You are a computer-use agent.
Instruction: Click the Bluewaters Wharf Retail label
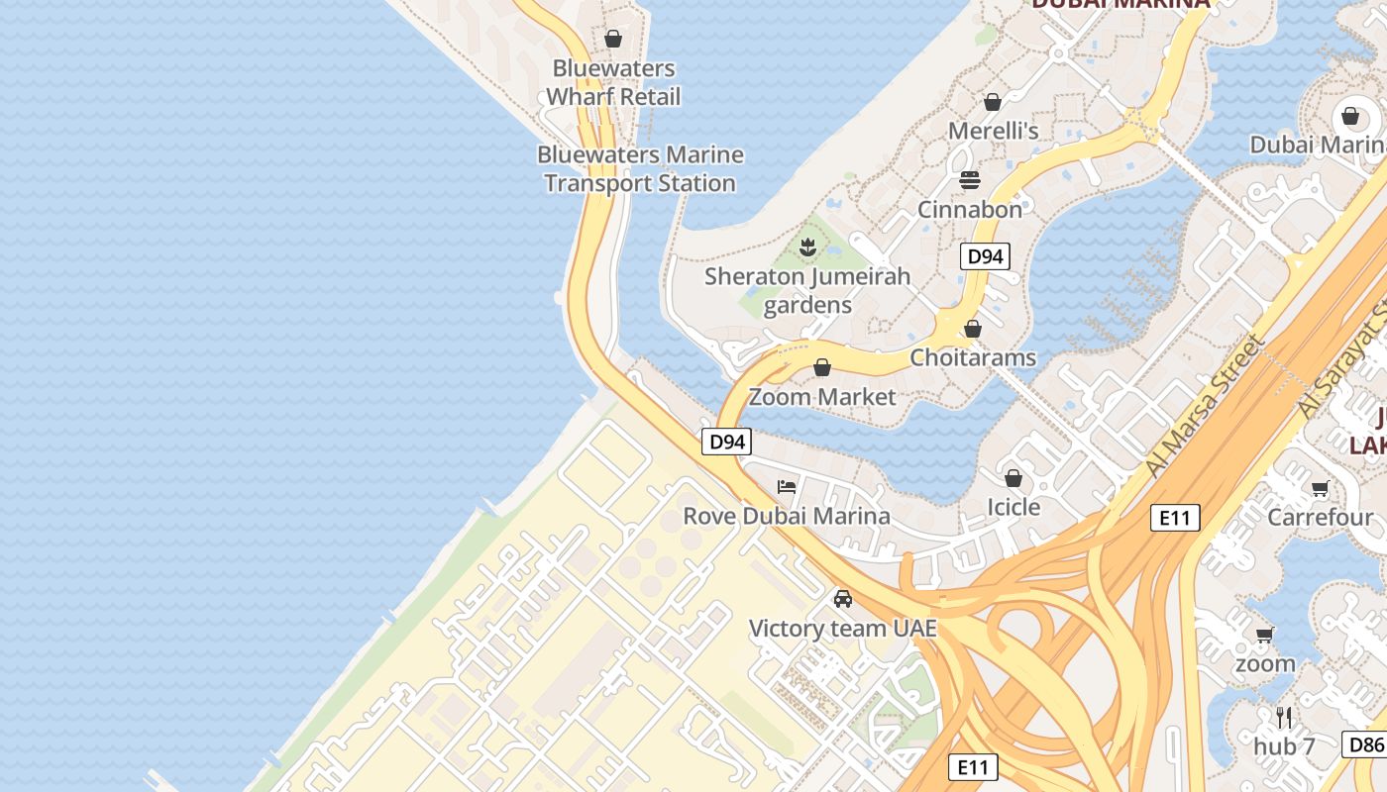point(613,82)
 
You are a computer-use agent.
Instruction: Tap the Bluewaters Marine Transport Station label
point(640,168)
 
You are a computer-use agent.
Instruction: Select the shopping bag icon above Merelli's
point(993,102)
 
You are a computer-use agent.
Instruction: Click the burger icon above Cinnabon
point(969,180)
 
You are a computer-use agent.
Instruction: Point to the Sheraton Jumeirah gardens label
point(807,290)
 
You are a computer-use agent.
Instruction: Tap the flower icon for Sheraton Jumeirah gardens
point(807,247)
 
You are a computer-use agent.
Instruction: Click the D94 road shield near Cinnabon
point(985,256)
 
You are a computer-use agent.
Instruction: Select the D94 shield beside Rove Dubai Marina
point(727,442)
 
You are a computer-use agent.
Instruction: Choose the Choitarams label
point(973,357)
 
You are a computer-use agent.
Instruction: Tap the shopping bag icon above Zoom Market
point(821,368)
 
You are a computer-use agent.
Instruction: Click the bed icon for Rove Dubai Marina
point(787,486)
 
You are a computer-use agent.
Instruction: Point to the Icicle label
point(1014,507)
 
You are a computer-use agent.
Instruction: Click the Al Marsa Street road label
point(1206,406)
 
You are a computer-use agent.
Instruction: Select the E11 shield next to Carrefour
point(1175,517)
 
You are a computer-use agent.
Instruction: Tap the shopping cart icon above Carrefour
point(1320,488)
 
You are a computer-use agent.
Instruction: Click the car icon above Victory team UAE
point(842,599)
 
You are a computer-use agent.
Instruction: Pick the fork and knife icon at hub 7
point(1284,717)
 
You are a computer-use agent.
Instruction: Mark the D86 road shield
point(1364,744)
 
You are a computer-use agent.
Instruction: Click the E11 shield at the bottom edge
point(973,766)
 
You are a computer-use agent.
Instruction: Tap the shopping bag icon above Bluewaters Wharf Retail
point(613,39)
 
